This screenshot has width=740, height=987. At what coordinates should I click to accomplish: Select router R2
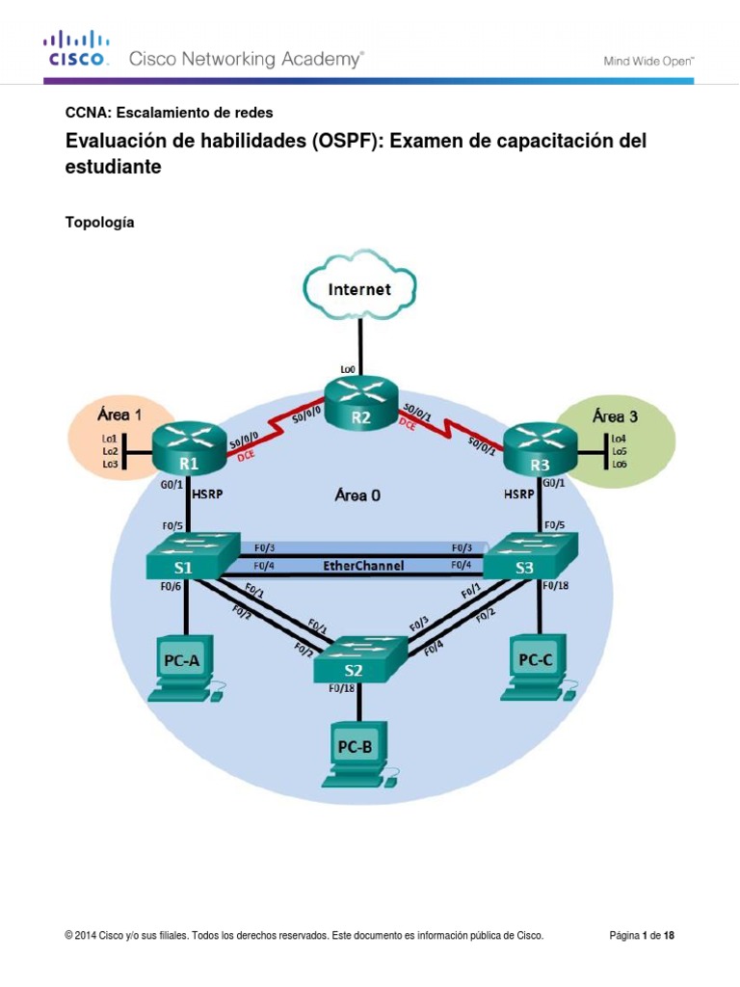pos(360,402)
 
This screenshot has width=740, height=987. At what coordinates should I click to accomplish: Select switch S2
pos(360,659)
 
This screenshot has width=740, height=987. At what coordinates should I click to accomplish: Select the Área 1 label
pos(119,415)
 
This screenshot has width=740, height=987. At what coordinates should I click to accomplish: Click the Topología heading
pos(99,223)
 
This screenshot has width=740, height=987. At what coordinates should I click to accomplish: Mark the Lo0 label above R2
pos(348,368)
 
